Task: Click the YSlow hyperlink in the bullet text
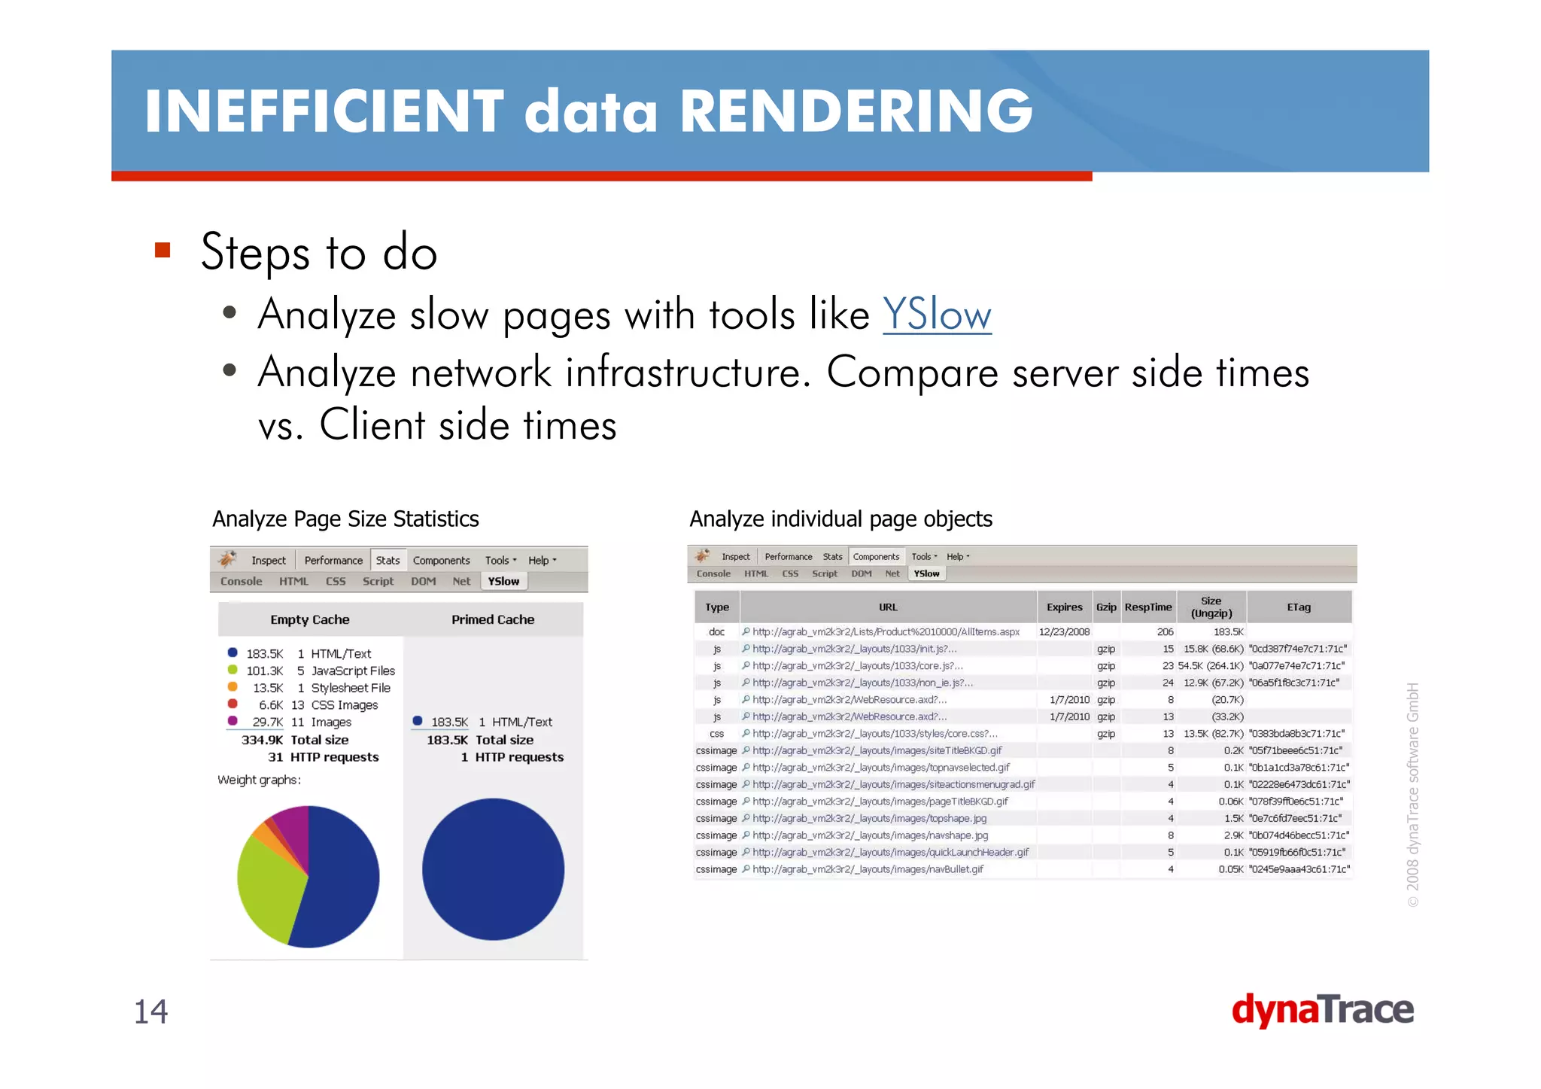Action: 936,315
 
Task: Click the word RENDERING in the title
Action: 856,111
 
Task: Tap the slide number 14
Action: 150,1011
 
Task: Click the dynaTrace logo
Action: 1322,1009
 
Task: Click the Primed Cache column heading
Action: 492,619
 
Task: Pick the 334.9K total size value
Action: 262,740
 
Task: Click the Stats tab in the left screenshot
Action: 388,560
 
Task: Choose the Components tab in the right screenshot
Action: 876,557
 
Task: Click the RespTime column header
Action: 1147,607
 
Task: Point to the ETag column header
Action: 1298,607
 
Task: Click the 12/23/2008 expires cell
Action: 1064,632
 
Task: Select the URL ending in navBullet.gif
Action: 867,869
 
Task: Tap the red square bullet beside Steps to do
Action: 163,250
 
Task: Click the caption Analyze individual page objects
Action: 840,519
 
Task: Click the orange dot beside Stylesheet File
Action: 233,687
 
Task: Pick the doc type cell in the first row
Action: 716,632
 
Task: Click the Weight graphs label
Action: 259,780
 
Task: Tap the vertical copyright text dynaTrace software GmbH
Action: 1412,794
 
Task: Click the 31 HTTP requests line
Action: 323,757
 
